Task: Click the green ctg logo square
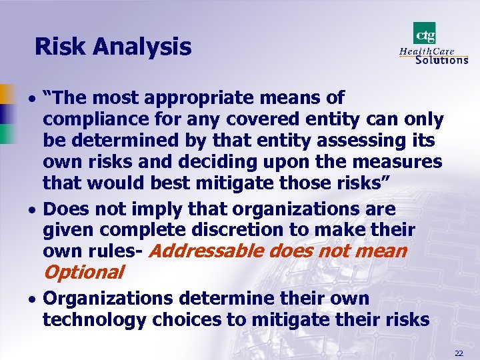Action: pyautogui.click(x=425, y=33)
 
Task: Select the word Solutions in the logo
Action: pyautogui.click(x=441, y=60)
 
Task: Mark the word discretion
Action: pyautogui.click(x=238, y=230)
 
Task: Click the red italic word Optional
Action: pyautogui.click(x=83, y=272)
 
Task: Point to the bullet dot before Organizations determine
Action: pyautogui.click(x=33, y=299)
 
